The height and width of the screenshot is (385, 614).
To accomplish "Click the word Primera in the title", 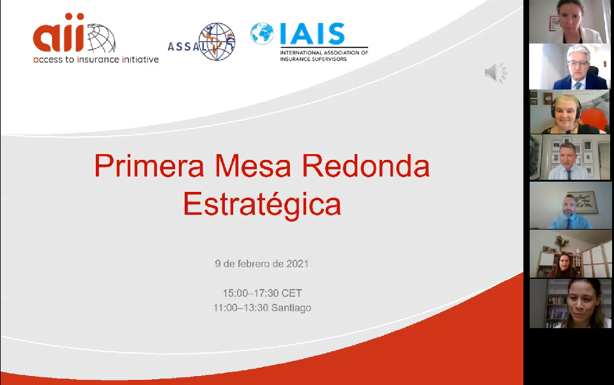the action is click(x=149, y=166).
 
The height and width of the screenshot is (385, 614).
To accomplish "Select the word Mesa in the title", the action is click(x=252, y=166).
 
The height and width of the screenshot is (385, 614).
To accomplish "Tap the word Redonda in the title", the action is click(x=365, y=166).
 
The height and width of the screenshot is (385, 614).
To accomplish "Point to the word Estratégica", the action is click(x=262, y=204).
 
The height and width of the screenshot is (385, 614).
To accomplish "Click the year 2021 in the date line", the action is click(x=297, y=263).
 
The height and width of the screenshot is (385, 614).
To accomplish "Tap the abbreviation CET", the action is click(x=292, y=293).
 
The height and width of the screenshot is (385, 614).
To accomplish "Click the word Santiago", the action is click(x=291, y=308).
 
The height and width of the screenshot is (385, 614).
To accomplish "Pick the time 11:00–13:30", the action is click(x=240, y=308).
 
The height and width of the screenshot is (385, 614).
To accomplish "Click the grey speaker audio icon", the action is click(x=495, y=72).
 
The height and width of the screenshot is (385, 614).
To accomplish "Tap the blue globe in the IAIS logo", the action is click(x=262, y=33).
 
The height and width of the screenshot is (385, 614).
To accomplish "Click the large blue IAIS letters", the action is click(x=312, y=34).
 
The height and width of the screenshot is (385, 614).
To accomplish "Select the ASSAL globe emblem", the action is click(x=217, y=42).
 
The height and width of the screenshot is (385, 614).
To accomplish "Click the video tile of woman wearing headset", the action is click(x=570, y=112).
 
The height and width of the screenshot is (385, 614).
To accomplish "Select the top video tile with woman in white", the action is click(x=570, y=22).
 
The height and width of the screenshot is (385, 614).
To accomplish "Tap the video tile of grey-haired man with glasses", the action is click(x=570, y=67).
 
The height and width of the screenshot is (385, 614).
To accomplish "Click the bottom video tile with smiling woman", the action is click(x=570, y=303).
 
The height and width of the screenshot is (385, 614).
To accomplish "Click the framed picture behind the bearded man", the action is click(x=583, y=202).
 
